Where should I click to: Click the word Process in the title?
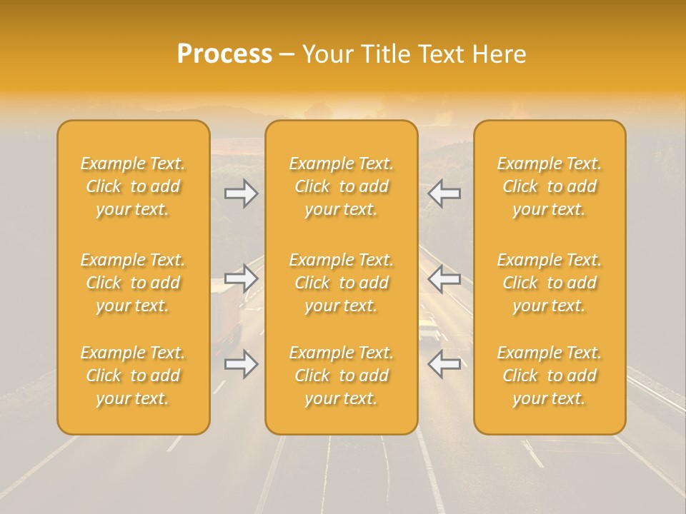coord(224,54)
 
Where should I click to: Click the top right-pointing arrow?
coord(242,193)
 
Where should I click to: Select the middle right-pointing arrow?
coord(242,278)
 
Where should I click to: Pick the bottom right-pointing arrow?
coord(242,364)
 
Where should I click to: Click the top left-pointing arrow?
coord(444,193)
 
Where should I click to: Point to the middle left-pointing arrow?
coord(444,278)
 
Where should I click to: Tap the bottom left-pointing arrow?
coord(444,364)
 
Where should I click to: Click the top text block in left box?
coord(133,186)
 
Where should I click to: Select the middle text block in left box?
coord(133,283)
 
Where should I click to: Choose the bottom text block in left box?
coord(133,376)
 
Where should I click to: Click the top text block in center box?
coord(342,186)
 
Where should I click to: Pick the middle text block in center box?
coord(342,283)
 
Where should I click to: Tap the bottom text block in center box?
coord(342,376)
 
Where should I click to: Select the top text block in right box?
coord(550,186)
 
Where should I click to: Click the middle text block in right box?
coord(550,283)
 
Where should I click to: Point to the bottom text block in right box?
coord(550,376)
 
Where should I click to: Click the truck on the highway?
coord(227,311)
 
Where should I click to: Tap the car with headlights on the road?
coord(429,330)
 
